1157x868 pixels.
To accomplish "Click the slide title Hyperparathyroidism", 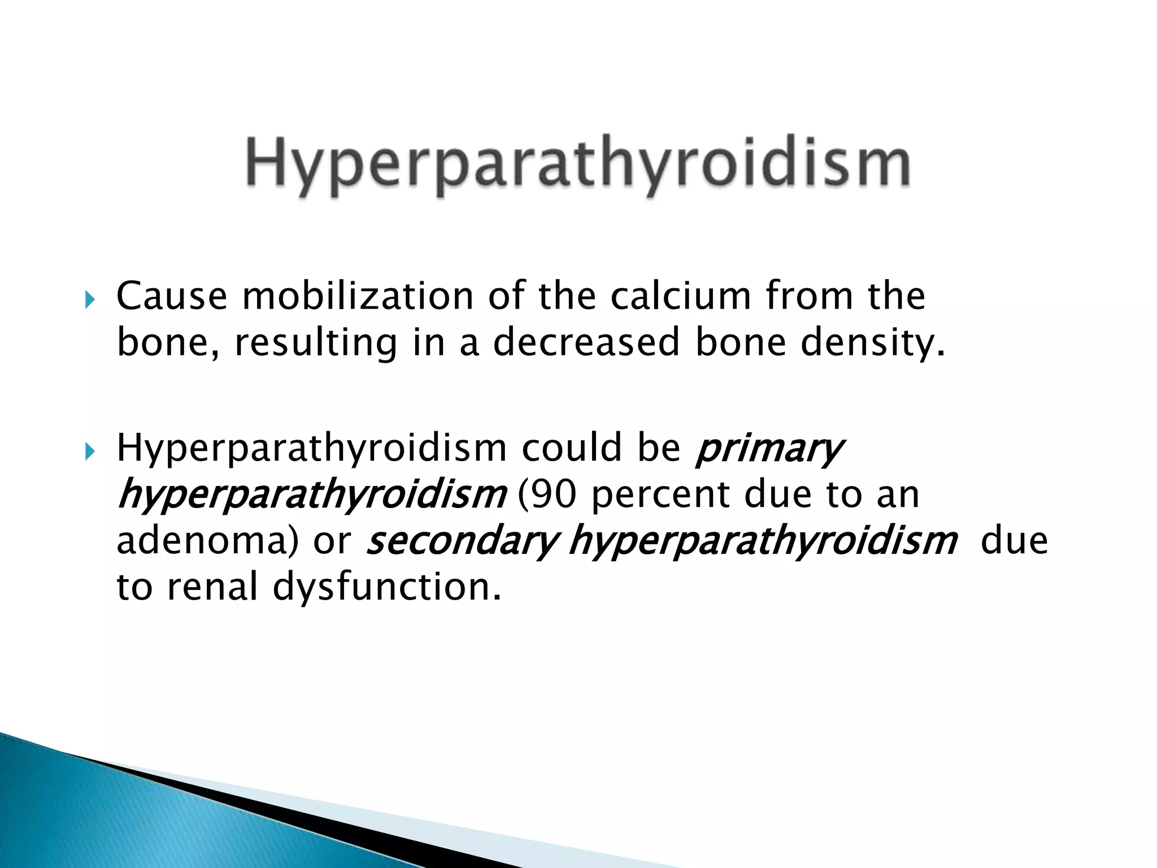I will click(577, 165).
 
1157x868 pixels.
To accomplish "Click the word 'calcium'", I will click(680, 296).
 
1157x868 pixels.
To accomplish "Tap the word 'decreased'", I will click(586, 343).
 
